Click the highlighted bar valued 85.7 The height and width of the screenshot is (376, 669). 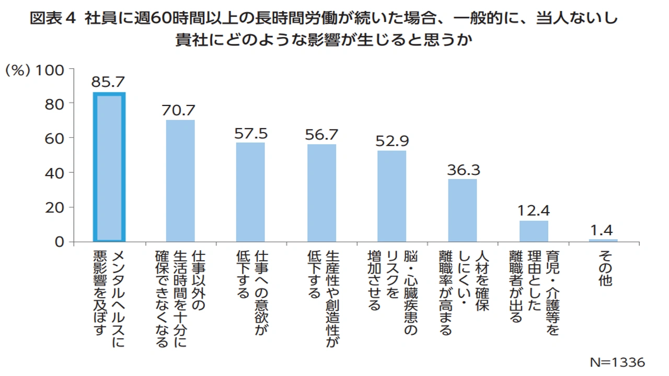(x=109, y=167)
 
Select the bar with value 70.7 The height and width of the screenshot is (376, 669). (x=180, y=181)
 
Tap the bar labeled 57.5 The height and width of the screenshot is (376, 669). (x=250, y=192)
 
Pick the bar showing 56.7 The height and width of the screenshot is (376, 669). (x=321, y=193)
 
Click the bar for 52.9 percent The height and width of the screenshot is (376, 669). (x=392, y=196)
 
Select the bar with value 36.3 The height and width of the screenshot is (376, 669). (x=463, y=210)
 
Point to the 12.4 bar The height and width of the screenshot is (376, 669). (x=534, y=231)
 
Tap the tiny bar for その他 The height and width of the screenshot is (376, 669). (x=603, y=240)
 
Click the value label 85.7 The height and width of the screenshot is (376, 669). (x=109, y=81)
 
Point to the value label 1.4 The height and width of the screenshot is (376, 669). (x=603, y=229)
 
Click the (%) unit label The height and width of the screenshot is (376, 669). (x=17, y=70)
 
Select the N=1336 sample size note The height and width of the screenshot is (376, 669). (x=617, y=362)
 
